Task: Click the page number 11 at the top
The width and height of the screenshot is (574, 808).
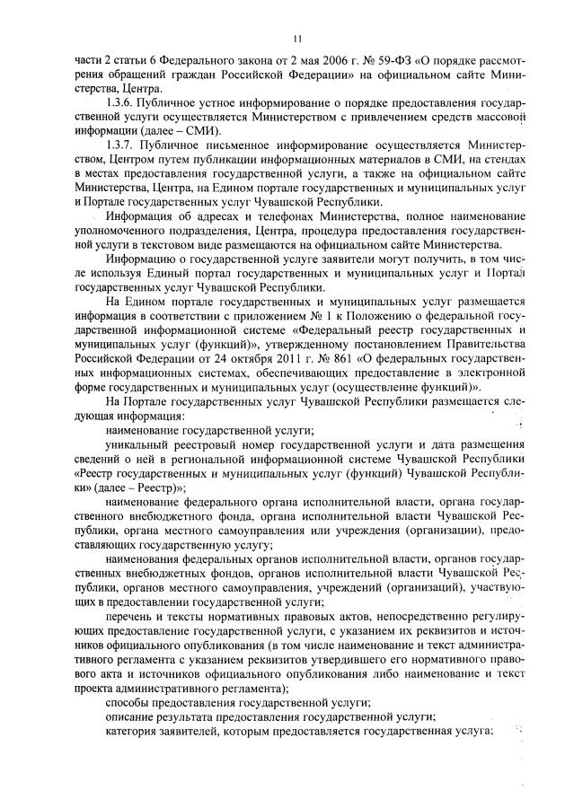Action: pos(295,37)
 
